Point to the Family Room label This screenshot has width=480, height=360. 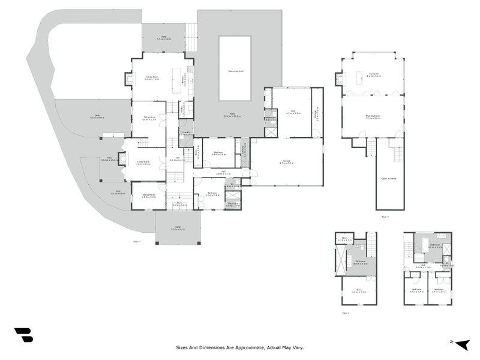click(x=152, y=77)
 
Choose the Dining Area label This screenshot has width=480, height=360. click(x=148, y=118)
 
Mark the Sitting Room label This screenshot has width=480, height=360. click(x=148, y=195)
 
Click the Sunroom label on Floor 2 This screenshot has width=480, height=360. click(x=374, y=75)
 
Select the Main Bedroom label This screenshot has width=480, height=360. click(x=373, y=118)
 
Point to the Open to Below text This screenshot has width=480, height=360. click(x=389, y=178)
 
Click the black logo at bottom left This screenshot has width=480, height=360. click(x=24, y=335)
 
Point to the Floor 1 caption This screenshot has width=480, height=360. click(x=136, y=241)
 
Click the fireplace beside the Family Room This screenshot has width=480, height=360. click(x=128, y=79)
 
